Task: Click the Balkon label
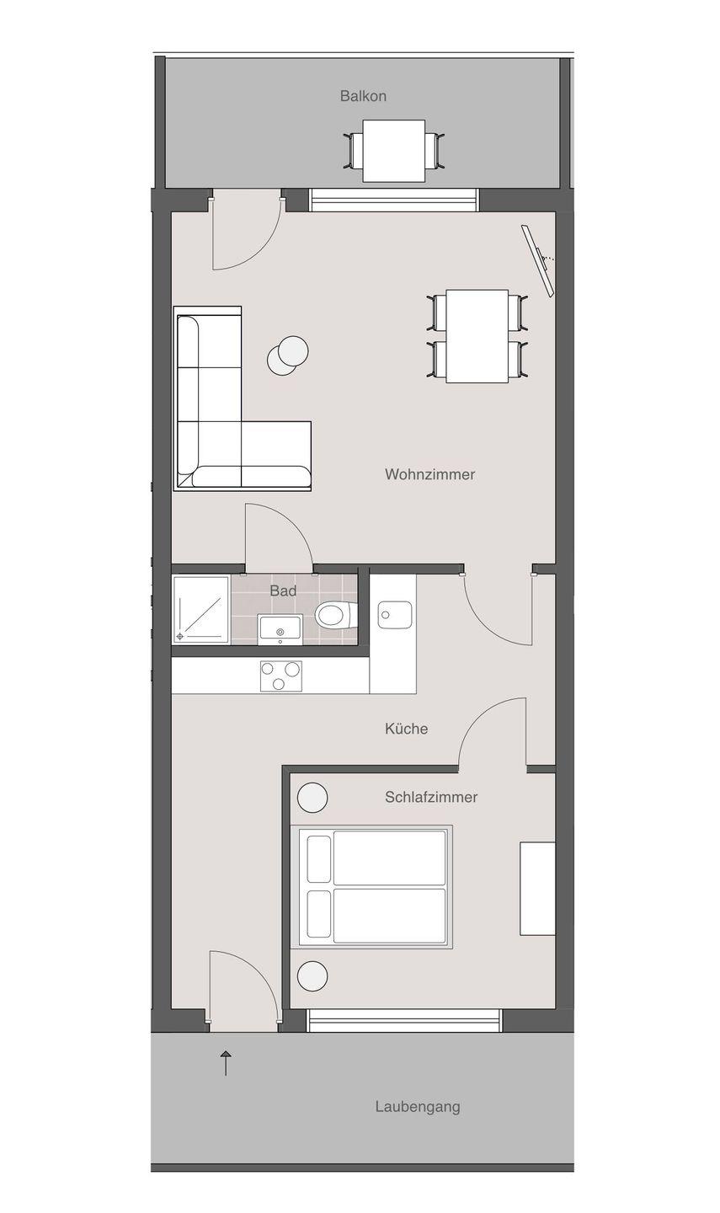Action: coord(363,96)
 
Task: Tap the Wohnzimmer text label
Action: coord(429,474)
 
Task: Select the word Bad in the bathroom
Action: coord(283,590)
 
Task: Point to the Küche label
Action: coord(406,729)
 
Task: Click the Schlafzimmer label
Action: coord(431,797)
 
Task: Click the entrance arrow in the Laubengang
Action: coord(226,1063)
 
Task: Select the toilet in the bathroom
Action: coord(336,615)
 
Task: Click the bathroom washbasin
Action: coord(280,629)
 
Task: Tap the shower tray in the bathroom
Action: coord(200,610)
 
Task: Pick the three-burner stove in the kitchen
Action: coord(281,676)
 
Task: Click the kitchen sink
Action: coord(394,615)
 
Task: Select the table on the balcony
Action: coord(394,151)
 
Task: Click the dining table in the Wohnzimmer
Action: coord(477,336)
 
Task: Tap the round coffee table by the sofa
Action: coord(288,355)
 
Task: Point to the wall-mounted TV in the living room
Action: coord(538,261)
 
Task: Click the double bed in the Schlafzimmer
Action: coord(371,888)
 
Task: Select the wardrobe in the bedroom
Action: coord(537,889)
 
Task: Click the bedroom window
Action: coord(404,1021)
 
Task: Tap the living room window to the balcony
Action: coord(394,200)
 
